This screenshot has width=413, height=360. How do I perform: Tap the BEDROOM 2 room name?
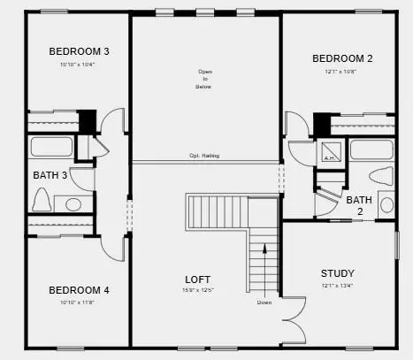(342, 58)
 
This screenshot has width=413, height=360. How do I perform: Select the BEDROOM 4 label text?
(79, 290)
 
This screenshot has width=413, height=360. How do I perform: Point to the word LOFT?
(197, 279)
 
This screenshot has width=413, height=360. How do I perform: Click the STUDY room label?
(337, 272)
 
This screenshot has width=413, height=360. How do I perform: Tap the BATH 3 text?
(50, 175)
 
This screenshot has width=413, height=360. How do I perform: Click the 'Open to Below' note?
(205, 80)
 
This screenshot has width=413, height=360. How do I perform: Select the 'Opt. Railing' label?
(205, 156)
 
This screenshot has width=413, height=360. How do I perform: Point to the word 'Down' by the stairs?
(264, 303)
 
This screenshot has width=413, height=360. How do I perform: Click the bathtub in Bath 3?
(51, 147)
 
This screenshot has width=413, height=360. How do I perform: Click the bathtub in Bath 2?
(371, 149)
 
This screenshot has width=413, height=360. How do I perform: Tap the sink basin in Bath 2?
(386, 205)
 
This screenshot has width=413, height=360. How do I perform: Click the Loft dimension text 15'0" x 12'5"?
(197, 290)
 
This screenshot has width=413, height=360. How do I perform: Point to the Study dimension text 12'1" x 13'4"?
(337, 285)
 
